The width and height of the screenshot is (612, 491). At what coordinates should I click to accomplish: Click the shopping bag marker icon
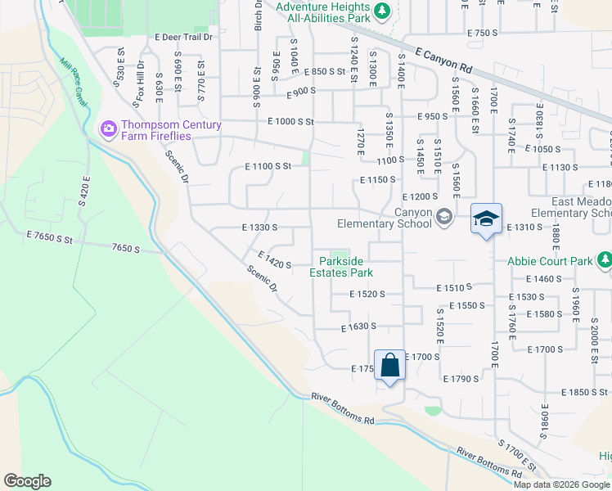pos(390,365)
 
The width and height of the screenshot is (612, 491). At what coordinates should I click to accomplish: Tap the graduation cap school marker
pos(486,218)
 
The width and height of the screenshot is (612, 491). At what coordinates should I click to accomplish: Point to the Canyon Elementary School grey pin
pos(444,217)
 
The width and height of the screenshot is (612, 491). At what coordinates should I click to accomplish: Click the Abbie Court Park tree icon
pos(605,261)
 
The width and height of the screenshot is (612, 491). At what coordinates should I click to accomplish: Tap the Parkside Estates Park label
pos(346,267)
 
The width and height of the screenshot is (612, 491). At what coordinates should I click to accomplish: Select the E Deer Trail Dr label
pos(183,37)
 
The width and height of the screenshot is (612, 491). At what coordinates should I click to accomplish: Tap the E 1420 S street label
pos(274,259)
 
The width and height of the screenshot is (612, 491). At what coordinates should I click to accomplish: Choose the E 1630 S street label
pos(358,326)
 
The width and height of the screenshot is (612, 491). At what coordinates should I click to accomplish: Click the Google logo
pos(27,481)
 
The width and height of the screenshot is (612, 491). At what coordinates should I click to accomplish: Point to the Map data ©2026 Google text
pos(561,484)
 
